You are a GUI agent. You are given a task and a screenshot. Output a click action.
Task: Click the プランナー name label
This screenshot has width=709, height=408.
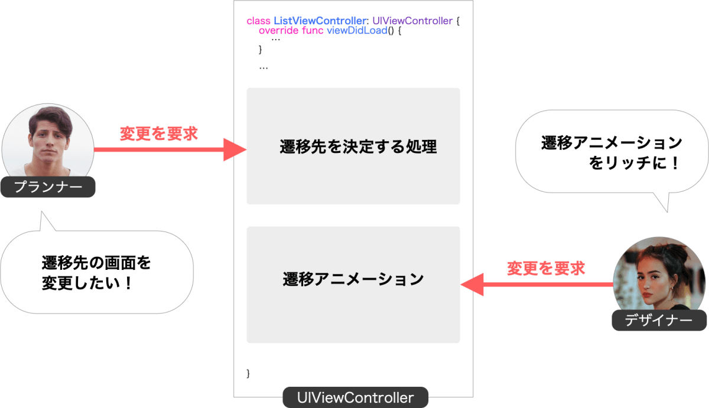coord(47,188)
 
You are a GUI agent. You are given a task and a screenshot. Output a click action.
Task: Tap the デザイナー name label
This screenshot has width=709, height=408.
coord(659,320)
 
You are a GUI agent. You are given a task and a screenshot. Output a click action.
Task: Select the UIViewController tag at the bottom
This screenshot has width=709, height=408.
coord(355,397)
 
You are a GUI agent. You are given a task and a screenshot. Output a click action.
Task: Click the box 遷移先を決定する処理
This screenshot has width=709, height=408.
coord(353,146)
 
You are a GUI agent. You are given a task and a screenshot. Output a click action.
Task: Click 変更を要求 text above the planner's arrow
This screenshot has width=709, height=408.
coord(158,133)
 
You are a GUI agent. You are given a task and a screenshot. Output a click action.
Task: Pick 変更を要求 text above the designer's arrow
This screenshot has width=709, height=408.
coord(546,269)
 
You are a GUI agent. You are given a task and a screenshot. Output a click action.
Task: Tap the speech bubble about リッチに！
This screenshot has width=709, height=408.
coord(612,152)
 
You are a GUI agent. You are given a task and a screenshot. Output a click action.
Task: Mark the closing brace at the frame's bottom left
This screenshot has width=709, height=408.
coord(248,373)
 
